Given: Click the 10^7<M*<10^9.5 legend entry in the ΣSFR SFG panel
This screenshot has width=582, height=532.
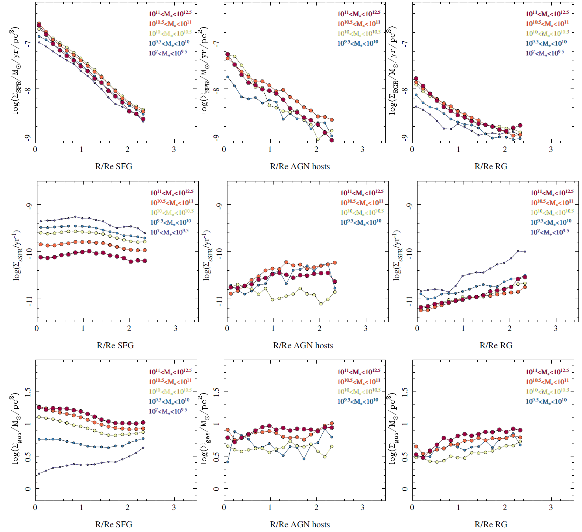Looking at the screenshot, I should coord(168,53).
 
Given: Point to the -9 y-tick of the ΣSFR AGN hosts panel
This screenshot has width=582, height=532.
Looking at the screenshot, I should coord(216,137).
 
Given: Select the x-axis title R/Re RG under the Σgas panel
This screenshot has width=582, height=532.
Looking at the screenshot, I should coord(491,524).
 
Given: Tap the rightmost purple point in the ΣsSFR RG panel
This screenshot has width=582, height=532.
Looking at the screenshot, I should coord(525,251).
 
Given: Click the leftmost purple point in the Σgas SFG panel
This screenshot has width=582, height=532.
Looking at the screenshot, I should coord(39,473).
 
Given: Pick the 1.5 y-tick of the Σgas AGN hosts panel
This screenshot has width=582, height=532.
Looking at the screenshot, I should coord(216,392).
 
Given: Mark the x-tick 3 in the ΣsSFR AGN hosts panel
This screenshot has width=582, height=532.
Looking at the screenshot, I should coord(366,328).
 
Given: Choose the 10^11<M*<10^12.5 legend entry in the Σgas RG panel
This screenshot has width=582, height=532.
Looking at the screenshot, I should coord(547,371).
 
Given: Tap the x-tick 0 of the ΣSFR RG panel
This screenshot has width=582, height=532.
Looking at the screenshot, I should coord(412,150).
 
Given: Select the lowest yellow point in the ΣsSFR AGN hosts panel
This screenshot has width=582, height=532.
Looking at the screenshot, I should coord(321,303).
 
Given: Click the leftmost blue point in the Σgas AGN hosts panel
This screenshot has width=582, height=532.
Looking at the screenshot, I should coord(227,462).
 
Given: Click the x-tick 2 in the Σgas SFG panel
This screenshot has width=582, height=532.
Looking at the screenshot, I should coord(127,507).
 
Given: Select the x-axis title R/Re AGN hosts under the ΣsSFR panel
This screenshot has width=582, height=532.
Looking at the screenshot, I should coord(303,345).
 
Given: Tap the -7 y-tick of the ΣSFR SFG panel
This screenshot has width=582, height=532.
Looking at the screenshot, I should coord(28,43).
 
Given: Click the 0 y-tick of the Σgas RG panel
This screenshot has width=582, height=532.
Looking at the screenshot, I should coord(405,489).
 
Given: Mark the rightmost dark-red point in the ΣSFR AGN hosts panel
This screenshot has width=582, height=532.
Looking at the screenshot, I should coord(332,140).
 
